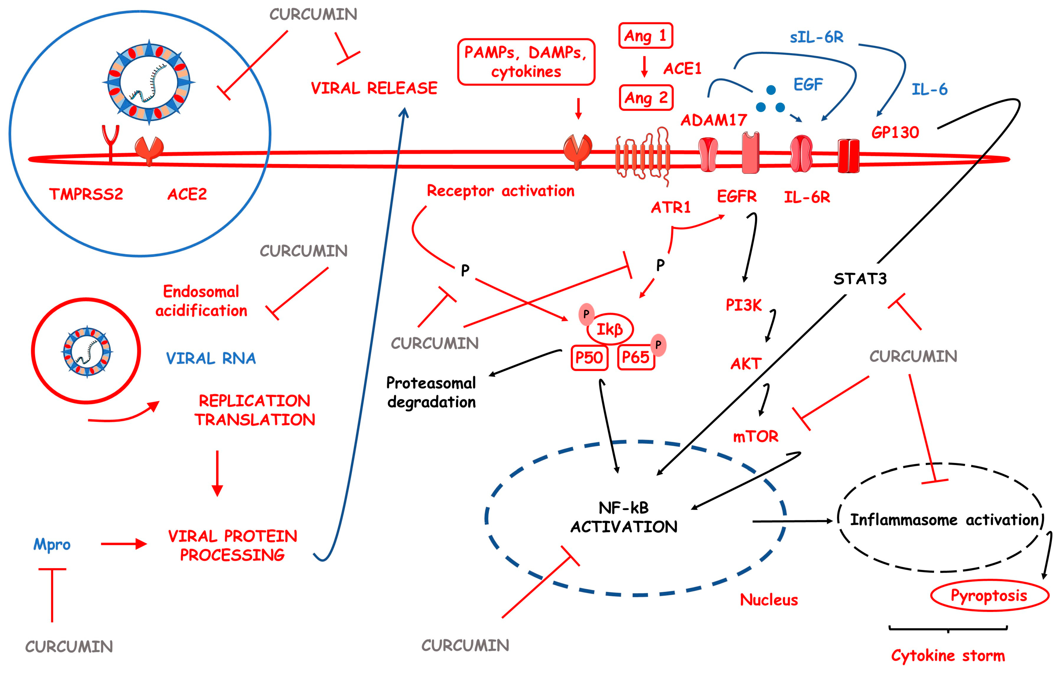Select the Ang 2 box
click(646, 98)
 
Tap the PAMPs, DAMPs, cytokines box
click(526, 62)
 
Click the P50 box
click(589, 357)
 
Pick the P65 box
click(636, 357)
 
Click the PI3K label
click(744, 305)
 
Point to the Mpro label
click(52, 545)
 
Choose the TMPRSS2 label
click(86, 194)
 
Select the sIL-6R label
click(816, 38)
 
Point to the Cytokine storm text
click(948, 656)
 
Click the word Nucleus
click(769, 600)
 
